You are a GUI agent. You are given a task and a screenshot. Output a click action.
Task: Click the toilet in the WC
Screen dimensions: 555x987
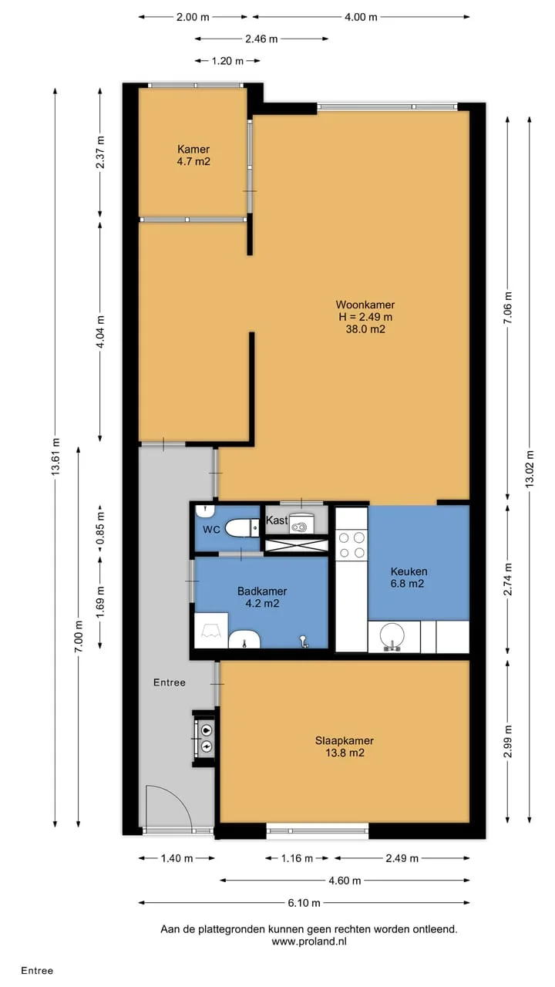[241, 528]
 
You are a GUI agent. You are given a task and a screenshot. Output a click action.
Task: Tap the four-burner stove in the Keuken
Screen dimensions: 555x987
[351, 545]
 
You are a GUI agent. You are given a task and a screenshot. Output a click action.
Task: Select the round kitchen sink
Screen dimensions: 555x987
[392, 637]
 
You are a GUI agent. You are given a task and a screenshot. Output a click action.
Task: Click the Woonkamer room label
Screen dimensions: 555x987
[365, 305]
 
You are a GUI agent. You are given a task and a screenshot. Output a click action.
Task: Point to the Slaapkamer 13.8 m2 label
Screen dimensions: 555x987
[345, 746]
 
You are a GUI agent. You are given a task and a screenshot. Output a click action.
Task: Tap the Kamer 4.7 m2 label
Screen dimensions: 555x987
[193, 155]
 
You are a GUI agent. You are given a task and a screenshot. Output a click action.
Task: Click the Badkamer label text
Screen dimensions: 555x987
[262, 591]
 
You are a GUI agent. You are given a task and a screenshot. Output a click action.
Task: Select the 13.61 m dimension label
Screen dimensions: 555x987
[55, 457]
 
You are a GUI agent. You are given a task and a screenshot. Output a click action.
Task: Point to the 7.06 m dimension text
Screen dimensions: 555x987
[508, 308]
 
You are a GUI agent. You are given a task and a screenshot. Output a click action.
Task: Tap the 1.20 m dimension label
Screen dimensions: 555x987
[227, 61]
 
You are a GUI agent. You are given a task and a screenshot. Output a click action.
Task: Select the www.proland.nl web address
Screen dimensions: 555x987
[309, 942]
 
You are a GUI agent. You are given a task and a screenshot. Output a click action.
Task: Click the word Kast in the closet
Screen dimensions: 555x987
[277, 520]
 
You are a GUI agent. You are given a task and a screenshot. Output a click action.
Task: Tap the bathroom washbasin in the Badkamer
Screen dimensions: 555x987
[244, 639]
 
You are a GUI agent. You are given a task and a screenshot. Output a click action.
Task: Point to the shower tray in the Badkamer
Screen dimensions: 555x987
[211, 630]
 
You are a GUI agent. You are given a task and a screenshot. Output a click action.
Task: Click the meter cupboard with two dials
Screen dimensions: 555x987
[205, 739]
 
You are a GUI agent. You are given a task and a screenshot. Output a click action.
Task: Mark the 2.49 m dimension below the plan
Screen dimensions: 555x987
[402, 858]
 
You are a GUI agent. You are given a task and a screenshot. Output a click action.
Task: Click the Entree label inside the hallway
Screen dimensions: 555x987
[169, 682]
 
